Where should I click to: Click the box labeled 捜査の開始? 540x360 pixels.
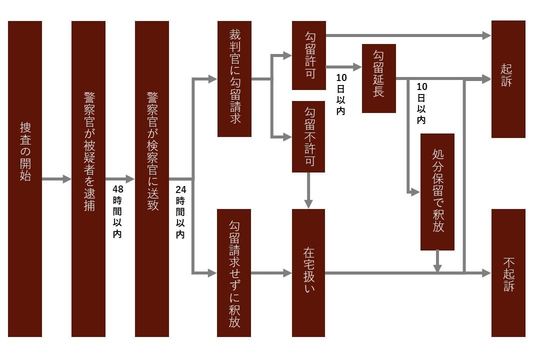pyautogui.click(x=25, y=178)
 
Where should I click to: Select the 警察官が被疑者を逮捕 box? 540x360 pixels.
pyautogui.click(x=88, y=178)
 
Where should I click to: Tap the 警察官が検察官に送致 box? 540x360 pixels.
pyautogui.click(x=152, y=178)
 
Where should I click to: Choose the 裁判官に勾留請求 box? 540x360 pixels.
pyautogui.click(x=234, y=78)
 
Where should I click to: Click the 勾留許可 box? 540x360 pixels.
pyautogui.click(x=309, y=55)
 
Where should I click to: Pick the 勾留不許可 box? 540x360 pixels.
pyautogui.click(x=309, y=136)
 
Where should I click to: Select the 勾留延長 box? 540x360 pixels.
pyautogui.click(x=379, y=78)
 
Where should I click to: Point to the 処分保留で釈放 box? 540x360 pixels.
pyautogui.click(x=437, y=191)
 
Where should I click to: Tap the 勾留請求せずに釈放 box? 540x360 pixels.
pyautogui.click(x=234, y=272)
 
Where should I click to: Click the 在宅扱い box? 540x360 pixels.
pyautogui.click(x=309, y=272)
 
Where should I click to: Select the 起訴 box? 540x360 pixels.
pyautogui.click(x=508, y=79)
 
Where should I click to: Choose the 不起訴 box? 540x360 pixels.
pyautogui.click(x=508, y=272)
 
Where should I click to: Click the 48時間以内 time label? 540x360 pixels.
pyautogui.click(x=117, y=211)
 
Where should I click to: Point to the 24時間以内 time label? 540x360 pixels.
pyautogui.click(x=180, y=211)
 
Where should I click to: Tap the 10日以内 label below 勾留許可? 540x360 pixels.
pyautogui.click(x=341, y=95)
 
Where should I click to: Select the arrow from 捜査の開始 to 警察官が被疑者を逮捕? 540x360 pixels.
pyautogui.click(x=56, y=178)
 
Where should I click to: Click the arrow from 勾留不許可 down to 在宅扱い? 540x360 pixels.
pyautogui.click(x=308, y=190)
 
